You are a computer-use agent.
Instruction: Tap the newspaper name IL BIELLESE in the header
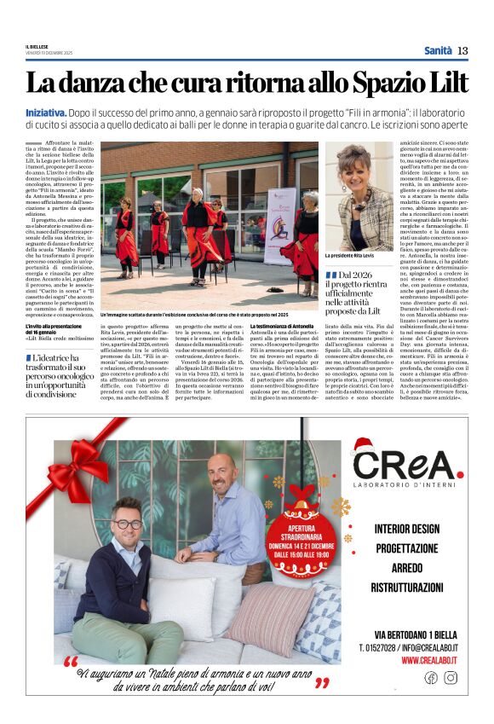[x=37, y=48]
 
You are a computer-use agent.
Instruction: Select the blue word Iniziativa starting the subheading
[x=46, y=112]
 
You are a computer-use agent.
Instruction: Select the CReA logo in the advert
[x=407, y=465]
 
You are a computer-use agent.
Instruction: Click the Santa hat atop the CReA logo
[x=363, y=444]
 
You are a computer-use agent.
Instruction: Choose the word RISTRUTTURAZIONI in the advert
[x=407, y=588]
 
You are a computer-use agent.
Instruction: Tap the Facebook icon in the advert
[x=430, y=677]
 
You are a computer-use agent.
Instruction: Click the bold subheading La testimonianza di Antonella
[x=282, y=326]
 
